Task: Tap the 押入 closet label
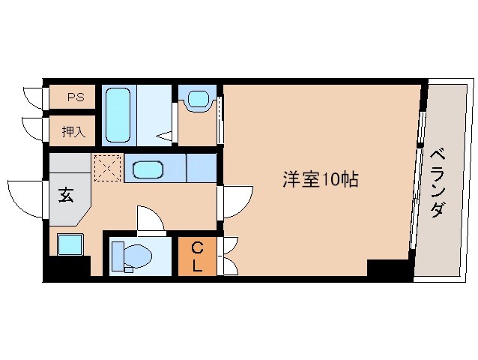click(73, 132)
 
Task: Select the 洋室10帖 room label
click(320, 179)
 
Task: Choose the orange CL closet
click(197, 256)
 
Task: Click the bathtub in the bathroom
click(118, 115)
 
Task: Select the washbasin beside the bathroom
click(198, 99)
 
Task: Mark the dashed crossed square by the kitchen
click(107, 168)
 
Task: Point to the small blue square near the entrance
click(70, 244)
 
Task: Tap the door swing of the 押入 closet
click(34, 129)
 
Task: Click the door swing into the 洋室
click(235, 199)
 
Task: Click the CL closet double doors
click(229, 256)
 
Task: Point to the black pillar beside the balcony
click(390, 268)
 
